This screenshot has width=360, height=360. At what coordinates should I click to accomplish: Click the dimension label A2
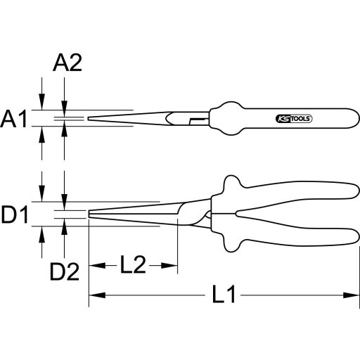[x=67, y=65]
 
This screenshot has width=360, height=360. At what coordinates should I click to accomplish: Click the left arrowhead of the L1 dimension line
[x=94, y=296]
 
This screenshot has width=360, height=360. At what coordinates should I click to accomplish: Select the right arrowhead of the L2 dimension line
[x=172, y=265]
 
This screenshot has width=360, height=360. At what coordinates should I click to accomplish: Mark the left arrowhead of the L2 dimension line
[x=94, y=265]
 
